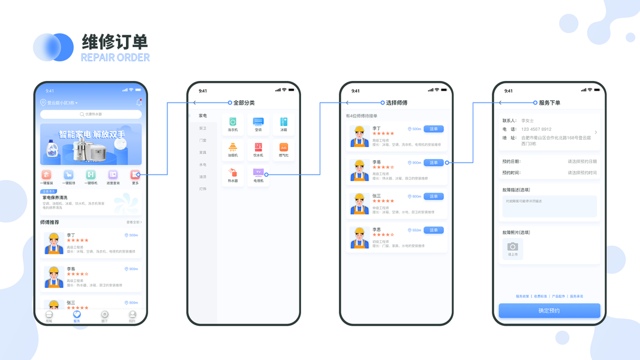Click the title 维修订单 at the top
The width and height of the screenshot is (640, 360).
click(x=115, y=42)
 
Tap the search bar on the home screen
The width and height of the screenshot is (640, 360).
click(x=91, y=114)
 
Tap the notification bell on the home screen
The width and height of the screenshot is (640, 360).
click(x=139, y=103)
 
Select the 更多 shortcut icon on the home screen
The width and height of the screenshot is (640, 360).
click(x=135, y=175)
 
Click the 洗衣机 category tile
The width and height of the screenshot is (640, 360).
click(x=233, y=124)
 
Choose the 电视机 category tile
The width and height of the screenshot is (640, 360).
click(x=259, y=175)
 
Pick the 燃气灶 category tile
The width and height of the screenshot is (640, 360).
click(x=284, y=150)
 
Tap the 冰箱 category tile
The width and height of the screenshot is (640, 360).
click(x=284, y=124)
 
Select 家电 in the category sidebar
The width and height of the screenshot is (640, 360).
click(x=203, y=116)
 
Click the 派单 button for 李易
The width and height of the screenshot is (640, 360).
click(x=434, y=163)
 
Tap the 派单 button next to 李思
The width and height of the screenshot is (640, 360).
click(x=434, y=230)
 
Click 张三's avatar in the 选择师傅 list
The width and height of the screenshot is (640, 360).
click(x=359, y=204)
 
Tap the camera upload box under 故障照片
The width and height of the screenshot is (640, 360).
click(x=512, y=248)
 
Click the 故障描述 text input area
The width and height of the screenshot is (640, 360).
click(x=549, y=206)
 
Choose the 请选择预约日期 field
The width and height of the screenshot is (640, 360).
click(x=582, y=161)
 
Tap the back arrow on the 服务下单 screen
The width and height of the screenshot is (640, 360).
click(x=500, y=103)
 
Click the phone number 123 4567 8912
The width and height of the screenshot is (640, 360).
click(x=536, y=129)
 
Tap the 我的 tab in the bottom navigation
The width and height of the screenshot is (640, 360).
click(x=132, y=316)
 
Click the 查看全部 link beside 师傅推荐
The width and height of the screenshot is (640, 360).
click(x=134, y=222)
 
